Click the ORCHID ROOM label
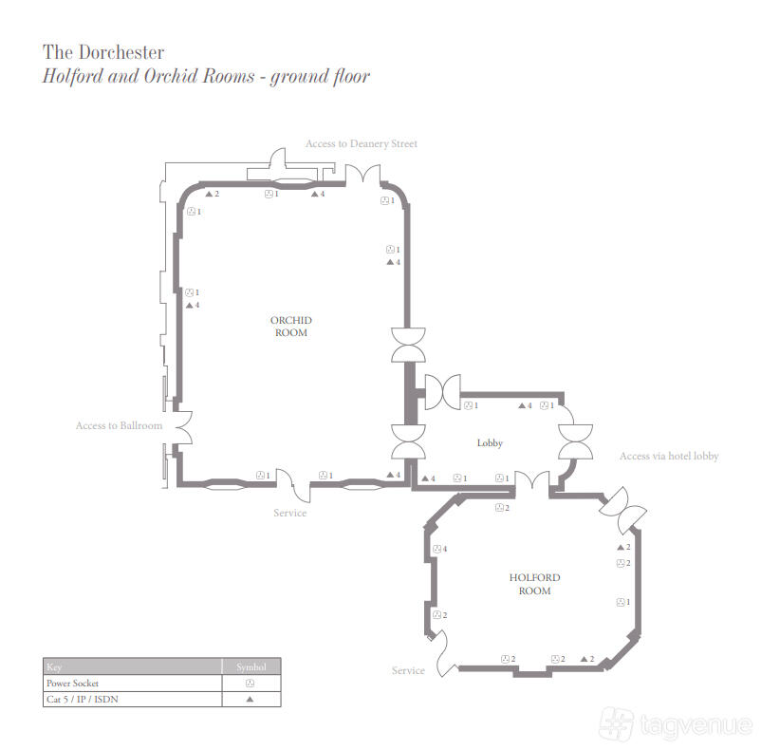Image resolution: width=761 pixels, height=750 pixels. click(x=290, y=327)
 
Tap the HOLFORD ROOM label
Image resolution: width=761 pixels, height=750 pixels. click(x=534, y=584)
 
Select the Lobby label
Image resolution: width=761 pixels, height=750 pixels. click(x=490, y=442)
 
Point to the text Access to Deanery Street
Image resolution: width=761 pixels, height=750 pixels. click(x=362, y=143)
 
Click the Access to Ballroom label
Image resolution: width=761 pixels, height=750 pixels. click(x=119, y=425)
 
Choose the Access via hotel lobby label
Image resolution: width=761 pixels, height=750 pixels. click(x=669, y=456)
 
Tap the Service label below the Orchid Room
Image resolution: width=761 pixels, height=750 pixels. click(x=289, y=513)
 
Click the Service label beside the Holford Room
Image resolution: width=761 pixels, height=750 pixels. click(x=408, y=670)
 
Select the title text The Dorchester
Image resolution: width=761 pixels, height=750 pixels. click(x=103, y=52)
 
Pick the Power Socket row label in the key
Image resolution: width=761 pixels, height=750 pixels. click(x=72, y=683)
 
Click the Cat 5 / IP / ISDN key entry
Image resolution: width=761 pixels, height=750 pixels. click(x=82, y=699)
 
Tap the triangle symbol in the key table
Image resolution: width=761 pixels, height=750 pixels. click(x=250, y=699)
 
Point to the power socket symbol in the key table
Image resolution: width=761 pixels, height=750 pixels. click(x=250, y=683)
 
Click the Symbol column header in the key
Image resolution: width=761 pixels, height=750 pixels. click(x=251, y=667)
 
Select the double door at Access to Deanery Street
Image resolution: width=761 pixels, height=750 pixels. click(x=362, y=175)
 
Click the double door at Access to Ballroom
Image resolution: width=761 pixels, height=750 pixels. click(x=183, y=427)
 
